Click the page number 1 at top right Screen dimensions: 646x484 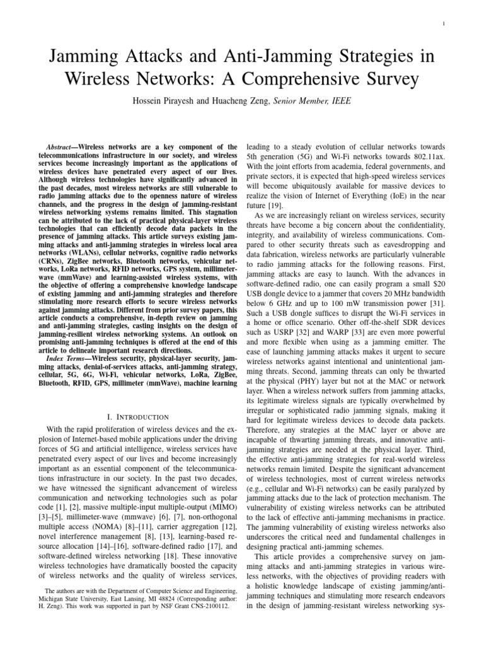[x=446, y=25]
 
